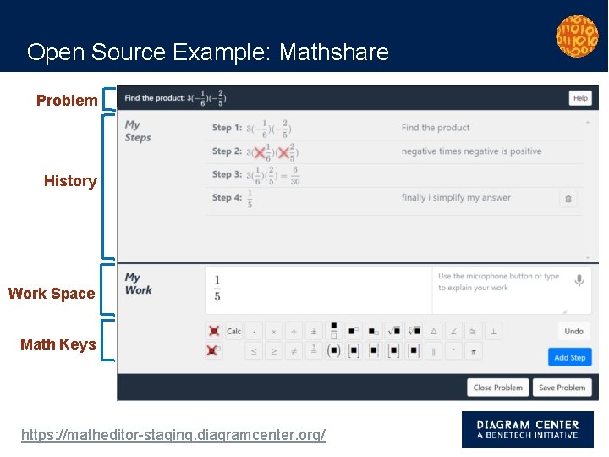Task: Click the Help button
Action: coord(579,98)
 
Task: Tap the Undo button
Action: coord(573,331)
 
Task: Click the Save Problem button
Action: coord(562,388)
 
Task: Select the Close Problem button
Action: coord(497,388)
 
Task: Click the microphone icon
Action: coord(579,280)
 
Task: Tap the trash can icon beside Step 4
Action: coord(568,199)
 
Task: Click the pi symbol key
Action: coord(474,350)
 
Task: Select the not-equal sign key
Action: coord(294,350)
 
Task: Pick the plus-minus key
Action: coord(314,331)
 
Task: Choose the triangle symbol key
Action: coord(434,331)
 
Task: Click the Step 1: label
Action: coord(227,128)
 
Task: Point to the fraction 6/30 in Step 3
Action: coord(294,175)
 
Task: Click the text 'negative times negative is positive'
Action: coord(471,151)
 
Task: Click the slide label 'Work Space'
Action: coord(52,294)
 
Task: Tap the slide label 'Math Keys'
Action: coord(58,344)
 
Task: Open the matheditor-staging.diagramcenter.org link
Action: coord(173,435)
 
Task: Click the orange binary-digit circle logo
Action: coord(577,36)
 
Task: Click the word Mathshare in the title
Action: coord(334,52)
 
